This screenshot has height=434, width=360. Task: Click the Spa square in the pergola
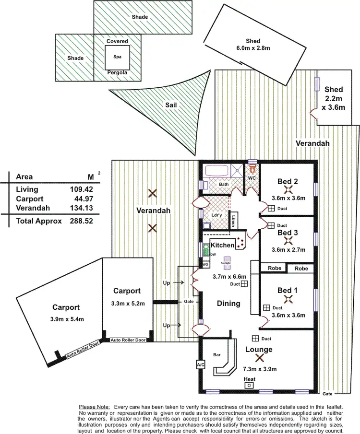tap(117, 57)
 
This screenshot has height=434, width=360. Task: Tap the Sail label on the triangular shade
tap(171, 105)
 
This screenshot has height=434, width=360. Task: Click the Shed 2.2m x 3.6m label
tap(333, 98)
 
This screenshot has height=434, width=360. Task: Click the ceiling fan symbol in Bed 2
tap(288, 189)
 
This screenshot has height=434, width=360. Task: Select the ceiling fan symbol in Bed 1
tap(288, 299)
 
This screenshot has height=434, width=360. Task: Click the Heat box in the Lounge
tap(249, 385)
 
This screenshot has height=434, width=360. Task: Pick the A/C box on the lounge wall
tap(201, 365)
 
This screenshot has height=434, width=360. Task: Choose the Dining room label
tap(228, 303)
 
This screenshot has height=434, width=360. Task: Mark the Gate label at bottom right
tap(327, 394)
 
